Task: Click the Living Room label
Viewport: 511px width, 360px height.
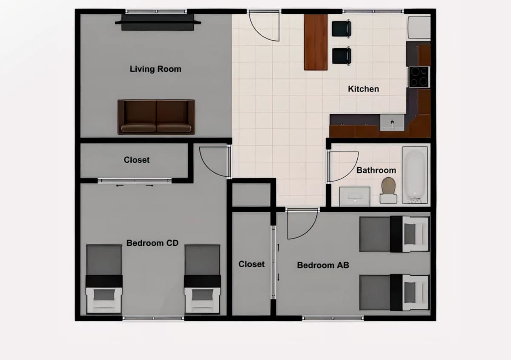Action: (155, 69)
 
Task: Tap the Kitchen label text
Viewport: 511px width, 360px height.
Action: (363, 89)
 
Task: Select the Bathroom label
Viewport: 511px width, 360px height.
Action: (376, 170)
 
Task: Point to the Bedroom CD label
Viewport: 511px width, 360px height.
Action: (152, 243)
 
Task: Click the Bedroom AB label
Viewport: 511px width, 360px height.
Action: (323, 265)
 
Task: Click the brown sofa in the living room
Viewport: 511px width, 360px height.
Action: (156, 117)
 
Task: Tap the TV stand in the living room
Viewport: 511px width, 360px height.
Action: (158, 23)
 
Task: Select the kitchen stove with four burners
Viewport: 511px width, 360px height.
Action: (419, 77)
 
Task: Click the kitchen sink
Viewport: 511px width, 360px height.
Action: (392, 123)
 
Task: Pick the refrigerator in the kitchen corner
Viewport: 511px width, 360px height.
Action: (419, 27)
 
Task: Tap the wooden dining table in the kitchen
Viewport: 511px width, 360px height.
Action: (316, 42)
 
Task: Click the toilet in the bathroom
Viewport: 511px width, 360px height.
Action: (388, 190)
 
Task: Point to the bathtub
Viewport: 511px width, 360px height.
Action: (415, 175)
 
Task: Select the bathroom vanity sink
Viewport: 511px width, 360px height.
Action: (354, 196)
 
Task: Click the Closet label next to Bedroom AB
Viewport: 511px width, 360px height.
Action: (251, 264)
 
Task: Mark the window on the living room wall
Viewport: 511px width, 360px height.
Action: (156, 12)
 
